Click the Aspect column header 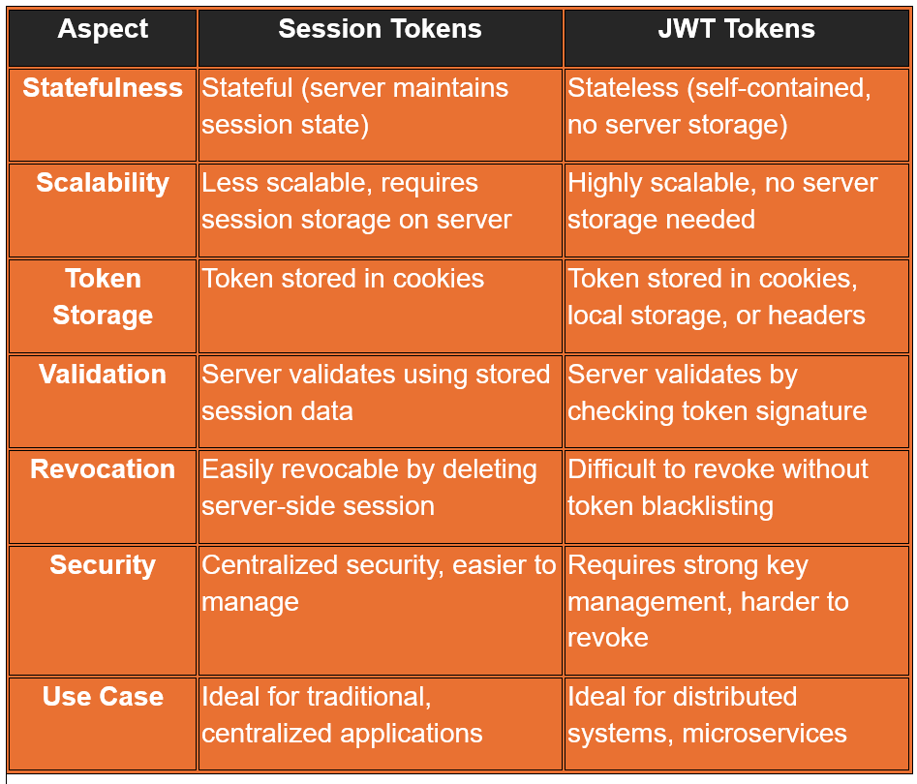pos(103,29)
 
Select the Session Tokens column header pos(381,29)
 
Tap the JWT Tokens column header pos(736,29)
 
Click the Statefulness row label pos(103,88)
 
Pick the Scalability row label pos(103,183)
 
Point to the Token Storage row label pos(103,296)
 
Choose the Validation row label pos(103,375)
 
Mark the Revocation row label pos(103,468)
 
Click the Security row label pos(103,565)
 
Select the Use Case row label pos(103,696)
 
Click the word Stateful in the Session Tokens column pos(247,88)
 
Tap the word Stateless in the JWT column pos(623,88)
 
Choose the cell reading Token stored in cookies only pos(381,306)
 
